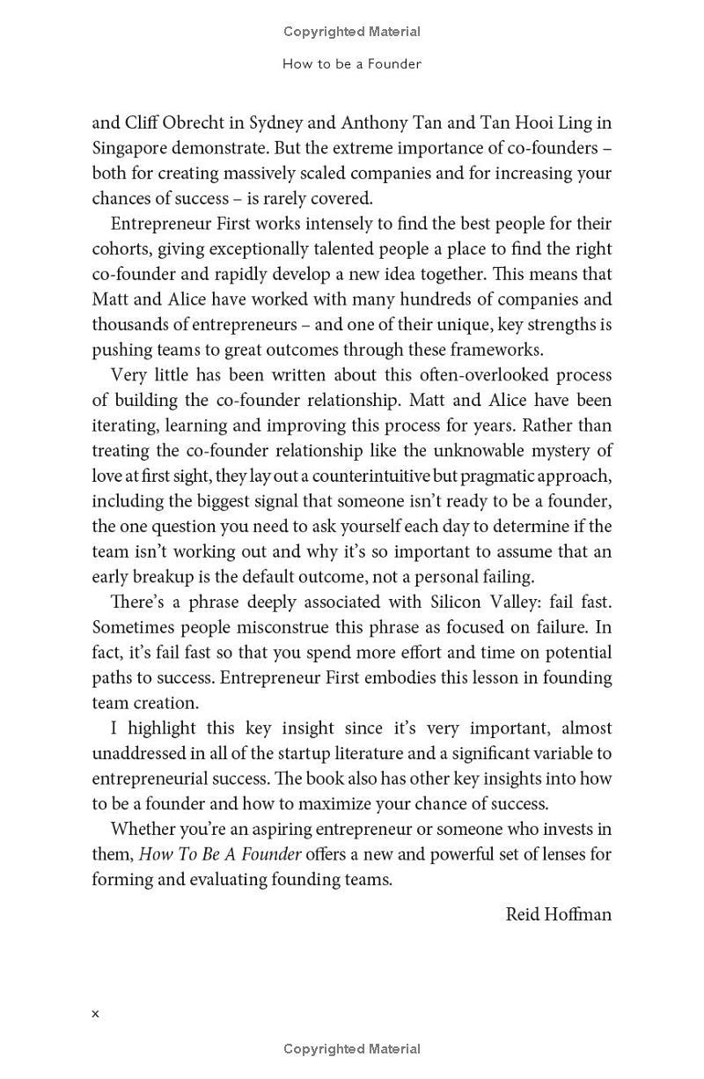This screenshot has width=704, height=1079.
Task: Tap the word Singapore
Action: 130,148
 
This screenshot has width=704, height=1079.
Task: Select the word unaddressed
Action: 140,754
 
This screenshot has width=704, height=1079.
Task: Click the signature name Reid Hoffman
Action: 558,914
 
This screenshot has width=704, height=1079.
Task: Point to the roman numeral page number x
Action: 95,1014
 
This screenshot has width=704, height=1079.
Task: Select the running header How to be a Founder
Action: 352,64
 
